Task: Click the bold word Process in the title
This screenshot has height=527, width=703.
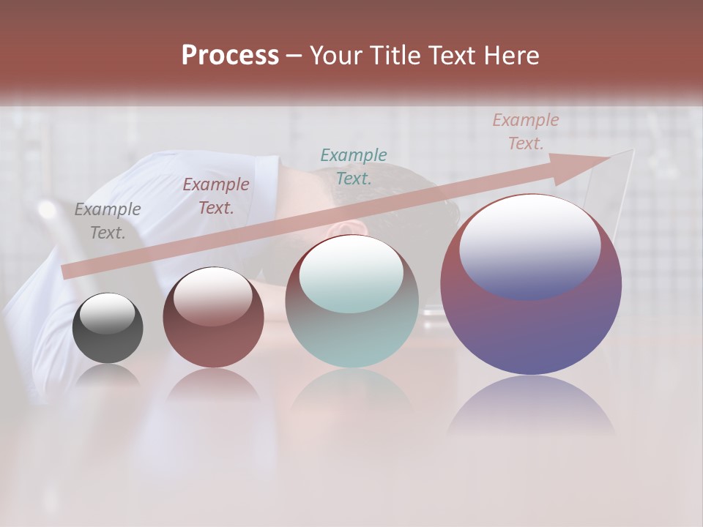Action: (x=230, y=56)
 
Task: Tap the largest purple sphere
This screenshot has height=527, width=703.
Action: (x=531, y=329)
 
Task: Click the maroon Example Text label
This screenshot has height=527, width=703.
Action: (x=216, y=196)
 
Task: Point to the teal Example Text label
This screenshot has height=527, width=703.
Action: (x=354, y=166)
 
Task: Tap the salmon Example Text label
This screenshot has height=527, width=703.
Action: (x=526, y=132)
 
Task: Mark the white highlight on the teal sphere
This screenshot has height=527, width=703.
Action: (x=351, y=274)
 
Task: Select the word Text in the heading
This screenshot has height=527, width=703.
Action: (x=455, y=56)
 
